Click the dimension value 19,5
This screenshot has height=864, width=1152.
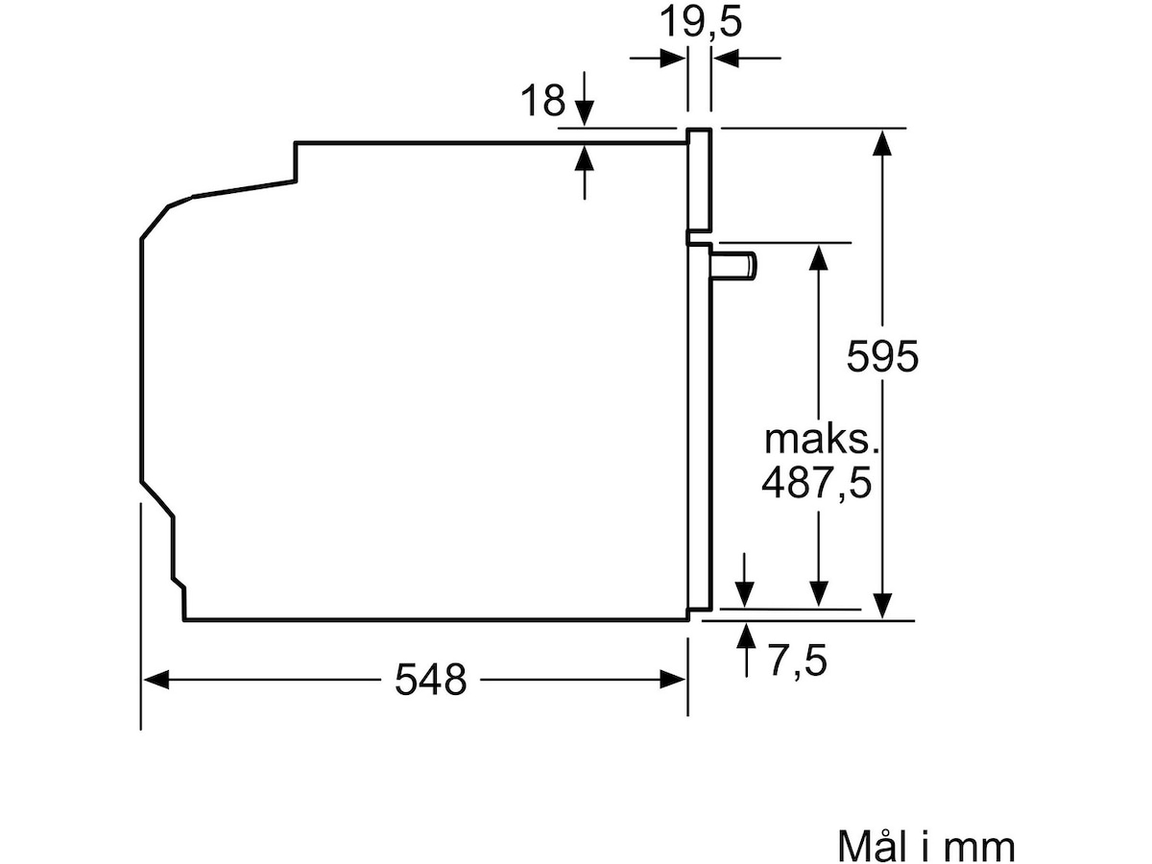pyautogui.click(x=700, y=22)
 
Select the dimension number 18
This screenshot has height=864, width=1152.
pyautogui.click(x=542, y=100)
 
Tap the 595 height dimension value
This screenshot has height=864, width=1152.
pyautogui.click(x=882, y=356)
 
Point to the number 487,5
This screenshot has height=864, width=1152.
pyautogui.click(x=817, y=483)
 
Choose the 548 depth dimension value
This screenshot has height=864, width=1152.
pyautogui.click(x=430, y=680)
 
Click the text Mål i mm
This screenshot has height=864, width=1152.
pyautogui.click(x=926, y=845)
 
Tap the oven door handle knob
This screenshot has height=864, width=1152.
pyautogui.click(x=733, y=265)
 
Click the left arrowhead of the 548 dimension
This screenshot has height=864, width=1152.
pyautogui.click(x=156, y=680)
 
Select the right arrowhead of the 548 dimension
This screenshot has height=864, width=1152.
pyautogui.click(x=672, y=680)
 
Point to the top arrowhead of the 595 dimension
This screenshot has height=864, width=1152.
pyautogui.click(x=883, y=142)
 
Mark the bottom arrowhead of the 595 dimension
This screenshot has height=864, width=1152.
pyautogui.click(x=883, y=606)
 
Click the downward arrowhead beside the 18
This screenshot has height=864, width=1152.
pyautogui.click(x=584, y=112)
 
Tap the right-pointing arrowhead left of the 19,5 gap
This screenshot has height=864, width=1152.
pyautogui.click(x=672, y=59)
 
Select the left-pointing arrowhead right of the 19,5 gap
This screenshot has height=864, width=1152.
pyautogui.click(x=727, y=59)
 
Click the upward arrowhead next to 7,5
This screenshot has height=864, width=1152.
pyautogui.click(x=746, y=636)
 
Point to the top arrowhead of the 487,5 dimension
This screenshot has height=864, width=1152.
pyautogui.click(x=818, y=257)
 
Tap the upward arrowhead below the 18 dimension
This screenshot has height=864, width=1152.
pyautogui.click(x=584, y=157)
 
